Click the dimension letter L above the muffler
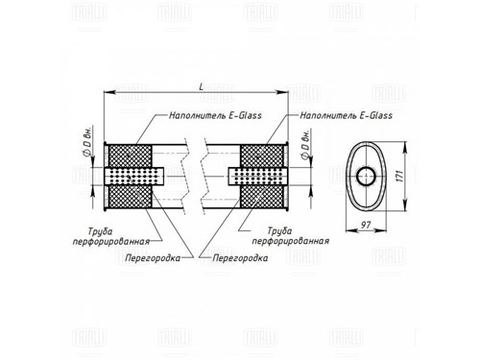(x=201, y=86)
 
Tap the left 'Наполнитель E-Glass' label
(x=215, y=115)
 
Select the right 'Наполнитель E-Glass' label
(x=346, y=115)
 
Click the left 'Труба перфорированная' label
(x=111, y=236)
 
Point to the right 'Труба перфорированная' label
(x=291, y=236)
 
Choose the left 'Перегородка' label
(x=153, y=258)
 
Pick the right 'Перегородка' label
(x=240, y=258)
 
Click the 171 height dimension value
(x=399, y=177)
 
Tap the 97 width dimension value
(x=366, y=225)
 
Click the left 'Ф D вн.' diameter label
(x=86, y=141)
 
